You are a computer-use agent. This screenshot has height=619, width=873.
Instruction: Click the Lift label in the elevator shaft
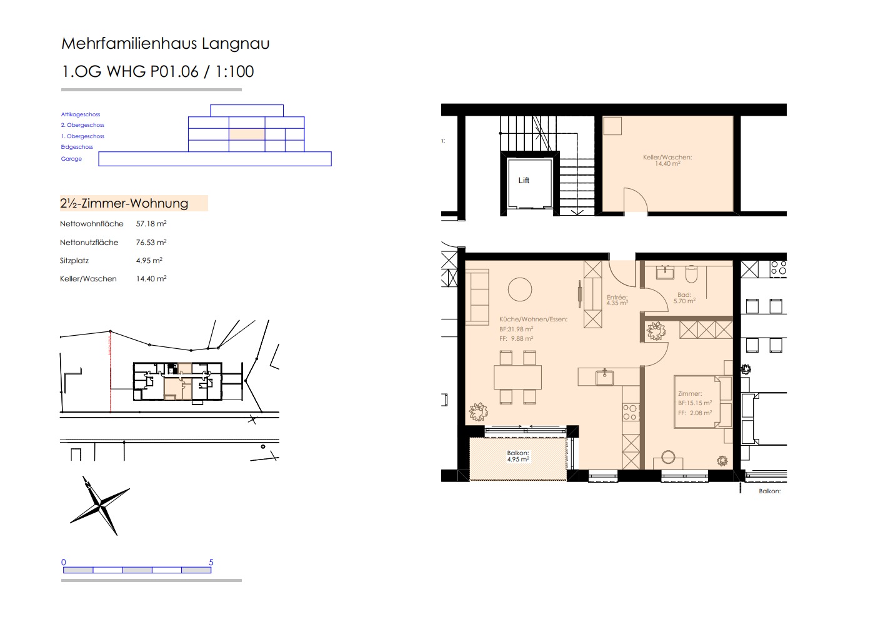524,180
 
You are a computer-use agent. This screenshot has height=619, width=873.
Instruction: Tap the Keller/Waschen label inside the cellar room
667,160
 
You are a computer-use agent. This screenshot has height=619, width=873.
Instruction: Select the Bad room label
684,298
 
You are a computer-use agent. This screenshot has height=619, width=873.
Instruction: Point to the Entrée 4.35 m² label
617,300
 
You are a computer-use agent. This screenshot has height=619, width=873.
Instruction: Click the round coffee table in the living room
519,289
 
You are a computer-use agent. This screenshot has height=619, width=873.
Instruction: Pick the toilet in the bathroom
691,274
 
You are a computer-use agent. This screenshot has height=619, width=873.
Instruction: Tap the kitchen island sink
604,377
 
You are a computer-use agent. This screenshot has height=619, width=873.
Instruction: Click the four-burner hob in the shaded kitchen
630,412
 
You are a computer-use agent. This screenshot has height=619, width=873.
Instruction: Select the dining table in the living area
517,377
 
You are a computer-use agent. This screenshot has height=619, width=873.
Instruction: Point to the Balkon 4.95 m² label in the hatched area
518,456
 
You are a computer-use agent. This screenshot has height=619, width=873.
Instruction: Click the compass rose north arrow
100,505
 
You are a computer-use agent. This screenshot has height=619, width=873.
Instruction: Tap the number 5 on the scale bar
211,562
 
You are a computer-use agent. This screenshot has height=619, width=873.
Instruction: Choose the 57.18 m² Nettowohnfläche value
151,223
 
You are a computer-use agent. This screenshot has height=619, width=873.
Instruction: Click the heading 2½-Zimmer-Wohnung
124,203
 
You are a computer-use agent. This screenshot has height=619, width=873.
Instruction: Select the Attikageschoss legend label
80,114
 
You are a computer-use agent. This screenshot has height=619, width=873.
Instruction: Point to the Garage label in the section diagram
71,159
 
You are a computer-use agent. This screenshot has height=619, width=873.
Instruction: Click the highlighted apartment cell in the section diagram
247,134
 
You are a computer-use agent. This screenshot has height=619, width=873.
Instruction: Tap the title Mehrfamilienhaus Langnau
165,43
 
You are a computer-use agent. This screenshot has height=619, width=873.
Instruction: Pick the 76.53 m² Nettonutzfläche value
151,242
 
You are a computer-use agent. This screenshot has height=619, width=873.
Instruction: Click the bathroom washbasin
665,272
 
